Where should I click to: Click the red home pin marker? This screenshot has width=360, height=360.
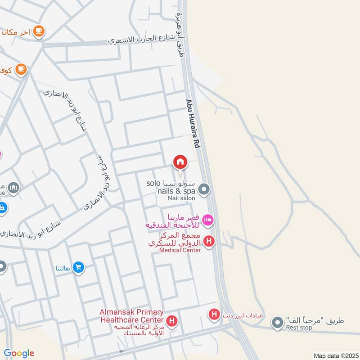[x=180, y=162]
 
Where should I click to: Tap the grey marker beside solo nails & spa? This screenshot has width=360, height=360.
[x=204, y=189]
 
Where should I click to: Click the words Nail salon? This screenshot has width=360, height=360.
[x=181, y=198]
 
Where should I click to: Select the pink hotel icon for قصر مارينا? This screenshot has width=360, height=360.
[x=208, y=220]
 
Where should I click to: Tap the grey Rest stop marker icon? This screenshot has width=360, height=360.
[x=277, y=322]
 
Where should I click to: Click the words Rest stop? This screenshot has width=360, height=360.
[x=299, y=328]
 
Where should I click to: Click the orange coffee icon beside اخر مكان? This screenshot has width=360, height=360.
[x=39, y=31]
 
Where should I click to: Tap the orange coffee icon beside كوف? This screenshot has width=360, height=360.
[x=21, y=69]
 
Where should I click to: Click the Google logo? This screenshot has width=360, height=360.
[x=19, y=353]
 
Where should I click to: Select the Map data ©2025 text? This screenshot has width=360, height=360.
[x=335, y=355]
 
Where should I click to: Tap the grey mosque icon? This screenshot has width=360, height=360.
[x=13, y=188]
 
